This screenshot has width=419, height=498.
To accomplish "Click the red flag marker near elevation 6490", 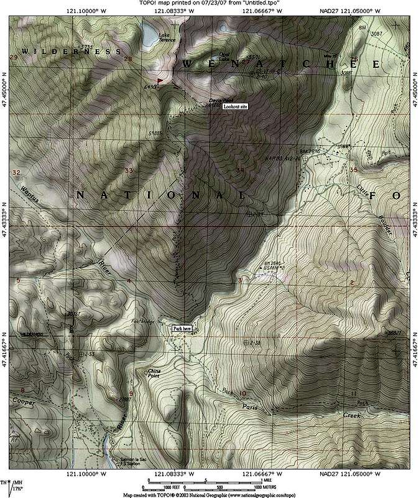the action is [x=161, y=81].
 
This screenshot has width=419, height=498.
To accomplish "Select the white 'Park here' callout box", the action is [x=182, y=328].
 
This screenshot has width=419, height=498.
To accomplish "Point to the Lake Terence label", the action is [x=165, y=37].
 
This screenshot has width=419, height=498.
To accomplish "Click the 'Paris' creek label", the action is [x=250, y=406].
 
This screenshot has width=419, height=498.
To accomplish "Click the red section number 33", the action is [x=129, y=170].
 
